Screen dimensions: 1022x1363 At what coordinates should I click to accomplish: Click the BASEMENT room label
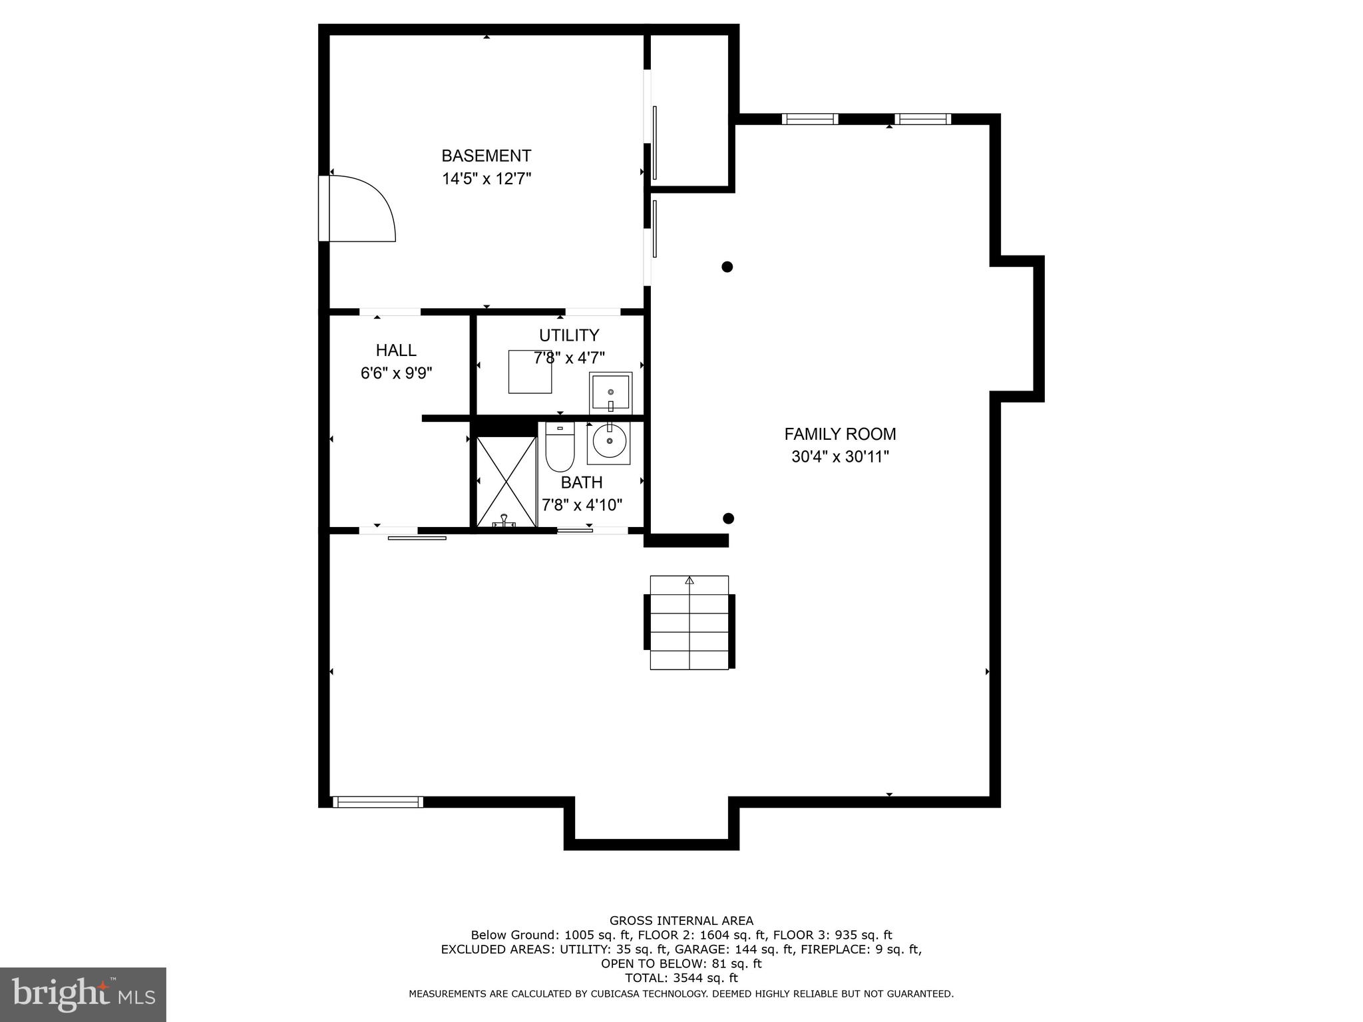point(486,156)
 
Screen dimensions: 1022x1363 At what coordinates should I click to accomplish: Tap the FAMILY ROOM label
point(840,434)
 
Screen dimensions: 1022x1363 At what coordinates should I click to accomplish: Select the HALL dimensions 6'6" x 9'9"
point(396,373)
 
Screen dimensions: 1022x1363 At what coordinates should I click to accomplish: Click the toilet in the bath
point(559,446)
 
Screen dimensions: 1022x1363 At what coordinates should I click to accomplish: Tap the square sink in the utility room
point(610,392)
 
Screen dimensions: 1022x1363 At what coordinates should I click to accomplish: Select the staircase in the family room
point(689,622)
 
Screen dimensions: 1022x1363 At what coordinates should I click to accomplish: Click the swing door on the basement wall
point(359,208)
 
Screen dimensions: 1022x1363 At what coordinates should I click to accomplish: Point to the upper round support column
point(727,267)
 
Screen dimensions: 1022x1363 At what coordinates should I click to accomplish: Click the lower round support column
point(728,518)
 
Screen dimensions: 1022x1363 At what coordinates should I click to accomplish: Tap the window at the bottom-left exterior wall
point(377,802)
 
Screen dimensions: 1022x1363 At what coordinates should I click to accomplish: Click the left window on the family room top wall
point(809,119)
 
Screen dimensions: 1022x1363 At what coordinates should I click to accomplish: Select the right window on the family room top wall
point(922,119)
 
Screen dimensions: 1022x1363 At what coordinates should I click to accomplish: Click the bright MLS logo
point(83,994)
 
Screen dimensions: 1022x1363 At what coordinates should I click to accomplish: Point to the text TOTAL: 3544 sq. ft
point(681,978)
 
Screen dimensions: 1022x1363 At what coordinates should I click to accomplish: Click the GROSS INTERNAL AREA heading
point(681,921)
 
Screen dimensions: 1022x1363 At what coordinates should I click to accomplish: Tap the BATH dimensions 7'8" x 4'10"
point(582,505)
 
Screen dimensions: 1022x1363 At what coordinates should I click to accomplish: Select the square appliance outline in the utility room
point(530,371)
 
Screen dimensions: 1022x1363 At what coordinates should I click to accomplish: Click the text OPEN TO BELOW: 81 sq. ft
point(681,963)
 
